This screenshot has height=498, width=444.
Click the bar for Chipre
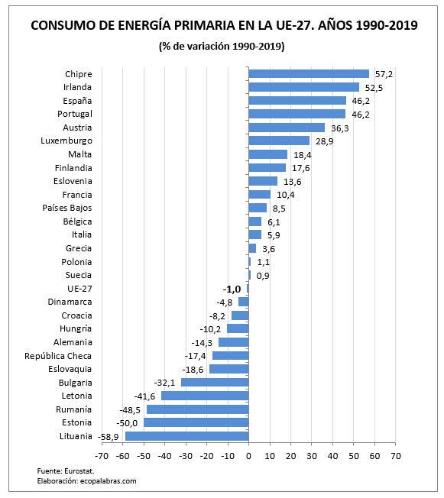(309, 74)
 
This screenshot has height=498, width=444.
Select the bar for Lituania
(187, 436)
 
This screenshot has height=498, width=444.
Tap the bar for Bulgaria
(215, 382)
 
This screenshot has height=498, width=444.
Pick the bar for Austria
(287, 128)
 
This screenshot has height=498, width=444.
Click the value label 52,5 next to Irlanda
(373, 88)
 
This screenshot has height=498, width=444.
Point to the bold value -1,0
(232, 289)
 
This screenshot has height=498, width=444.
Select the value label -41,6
(145, 396)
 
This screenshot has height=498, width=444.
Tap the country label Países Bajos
(67, 208)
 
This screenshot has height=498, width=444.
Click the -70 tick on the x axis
(102, 456)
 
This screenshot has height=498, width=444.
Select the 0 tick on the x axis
(248, 456)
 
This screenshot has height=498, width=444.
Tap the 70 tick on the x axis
(395, 456)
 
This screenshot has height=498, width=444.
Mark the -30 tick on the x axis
(186, 456)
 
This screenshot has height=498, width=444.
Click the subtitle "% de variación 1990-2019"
(222, 47)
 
